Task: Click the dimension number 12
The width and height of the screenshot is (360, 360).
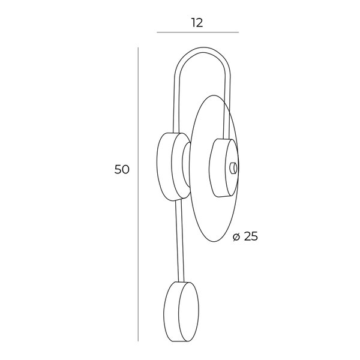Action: pos(197,23)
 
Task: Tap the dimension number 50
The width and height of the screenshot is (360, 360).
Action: pos(122,169)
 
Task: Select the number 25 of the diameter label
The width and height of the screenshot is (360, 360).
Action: pos(251,236)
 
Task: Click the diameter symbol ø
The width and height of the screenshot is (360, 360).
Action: pos(236,237)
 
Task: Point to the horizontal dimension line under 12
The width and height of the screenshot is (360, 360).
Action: pos(197,32)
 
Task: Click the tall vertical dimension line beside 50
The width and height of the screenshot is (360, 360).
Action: pos(138,194)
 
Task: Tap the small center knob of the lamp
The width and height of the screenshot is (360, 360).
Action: pos(234,168)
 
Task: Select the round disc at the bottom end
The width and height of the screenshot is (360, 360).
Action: pos(181,311)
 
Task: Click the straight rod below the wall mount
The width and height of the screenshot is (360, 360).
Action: pos(179,241)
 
